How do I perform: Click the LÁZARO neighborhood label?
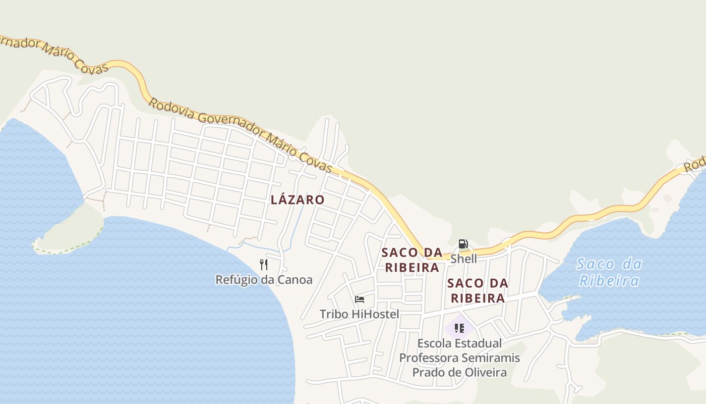(298, 199)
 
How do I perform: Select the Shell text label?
(463, 259)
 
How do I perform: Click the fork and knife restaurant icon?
(264, 264)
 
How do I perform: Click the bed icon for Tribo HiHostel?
(360, 299)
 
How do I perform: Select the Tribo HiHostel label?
(359, 314)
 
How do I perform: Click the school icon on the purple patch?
(459, 328)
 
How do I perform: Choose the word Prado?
(427, 373)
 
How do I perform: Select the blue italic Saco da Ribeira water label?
(609, 272)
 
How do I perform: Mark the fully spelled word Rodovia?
(171, 109)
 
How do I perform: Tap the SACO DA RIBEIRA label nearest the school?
(478, 291)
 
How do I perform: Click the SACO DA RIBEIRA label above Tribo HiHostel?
(412, 260)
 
